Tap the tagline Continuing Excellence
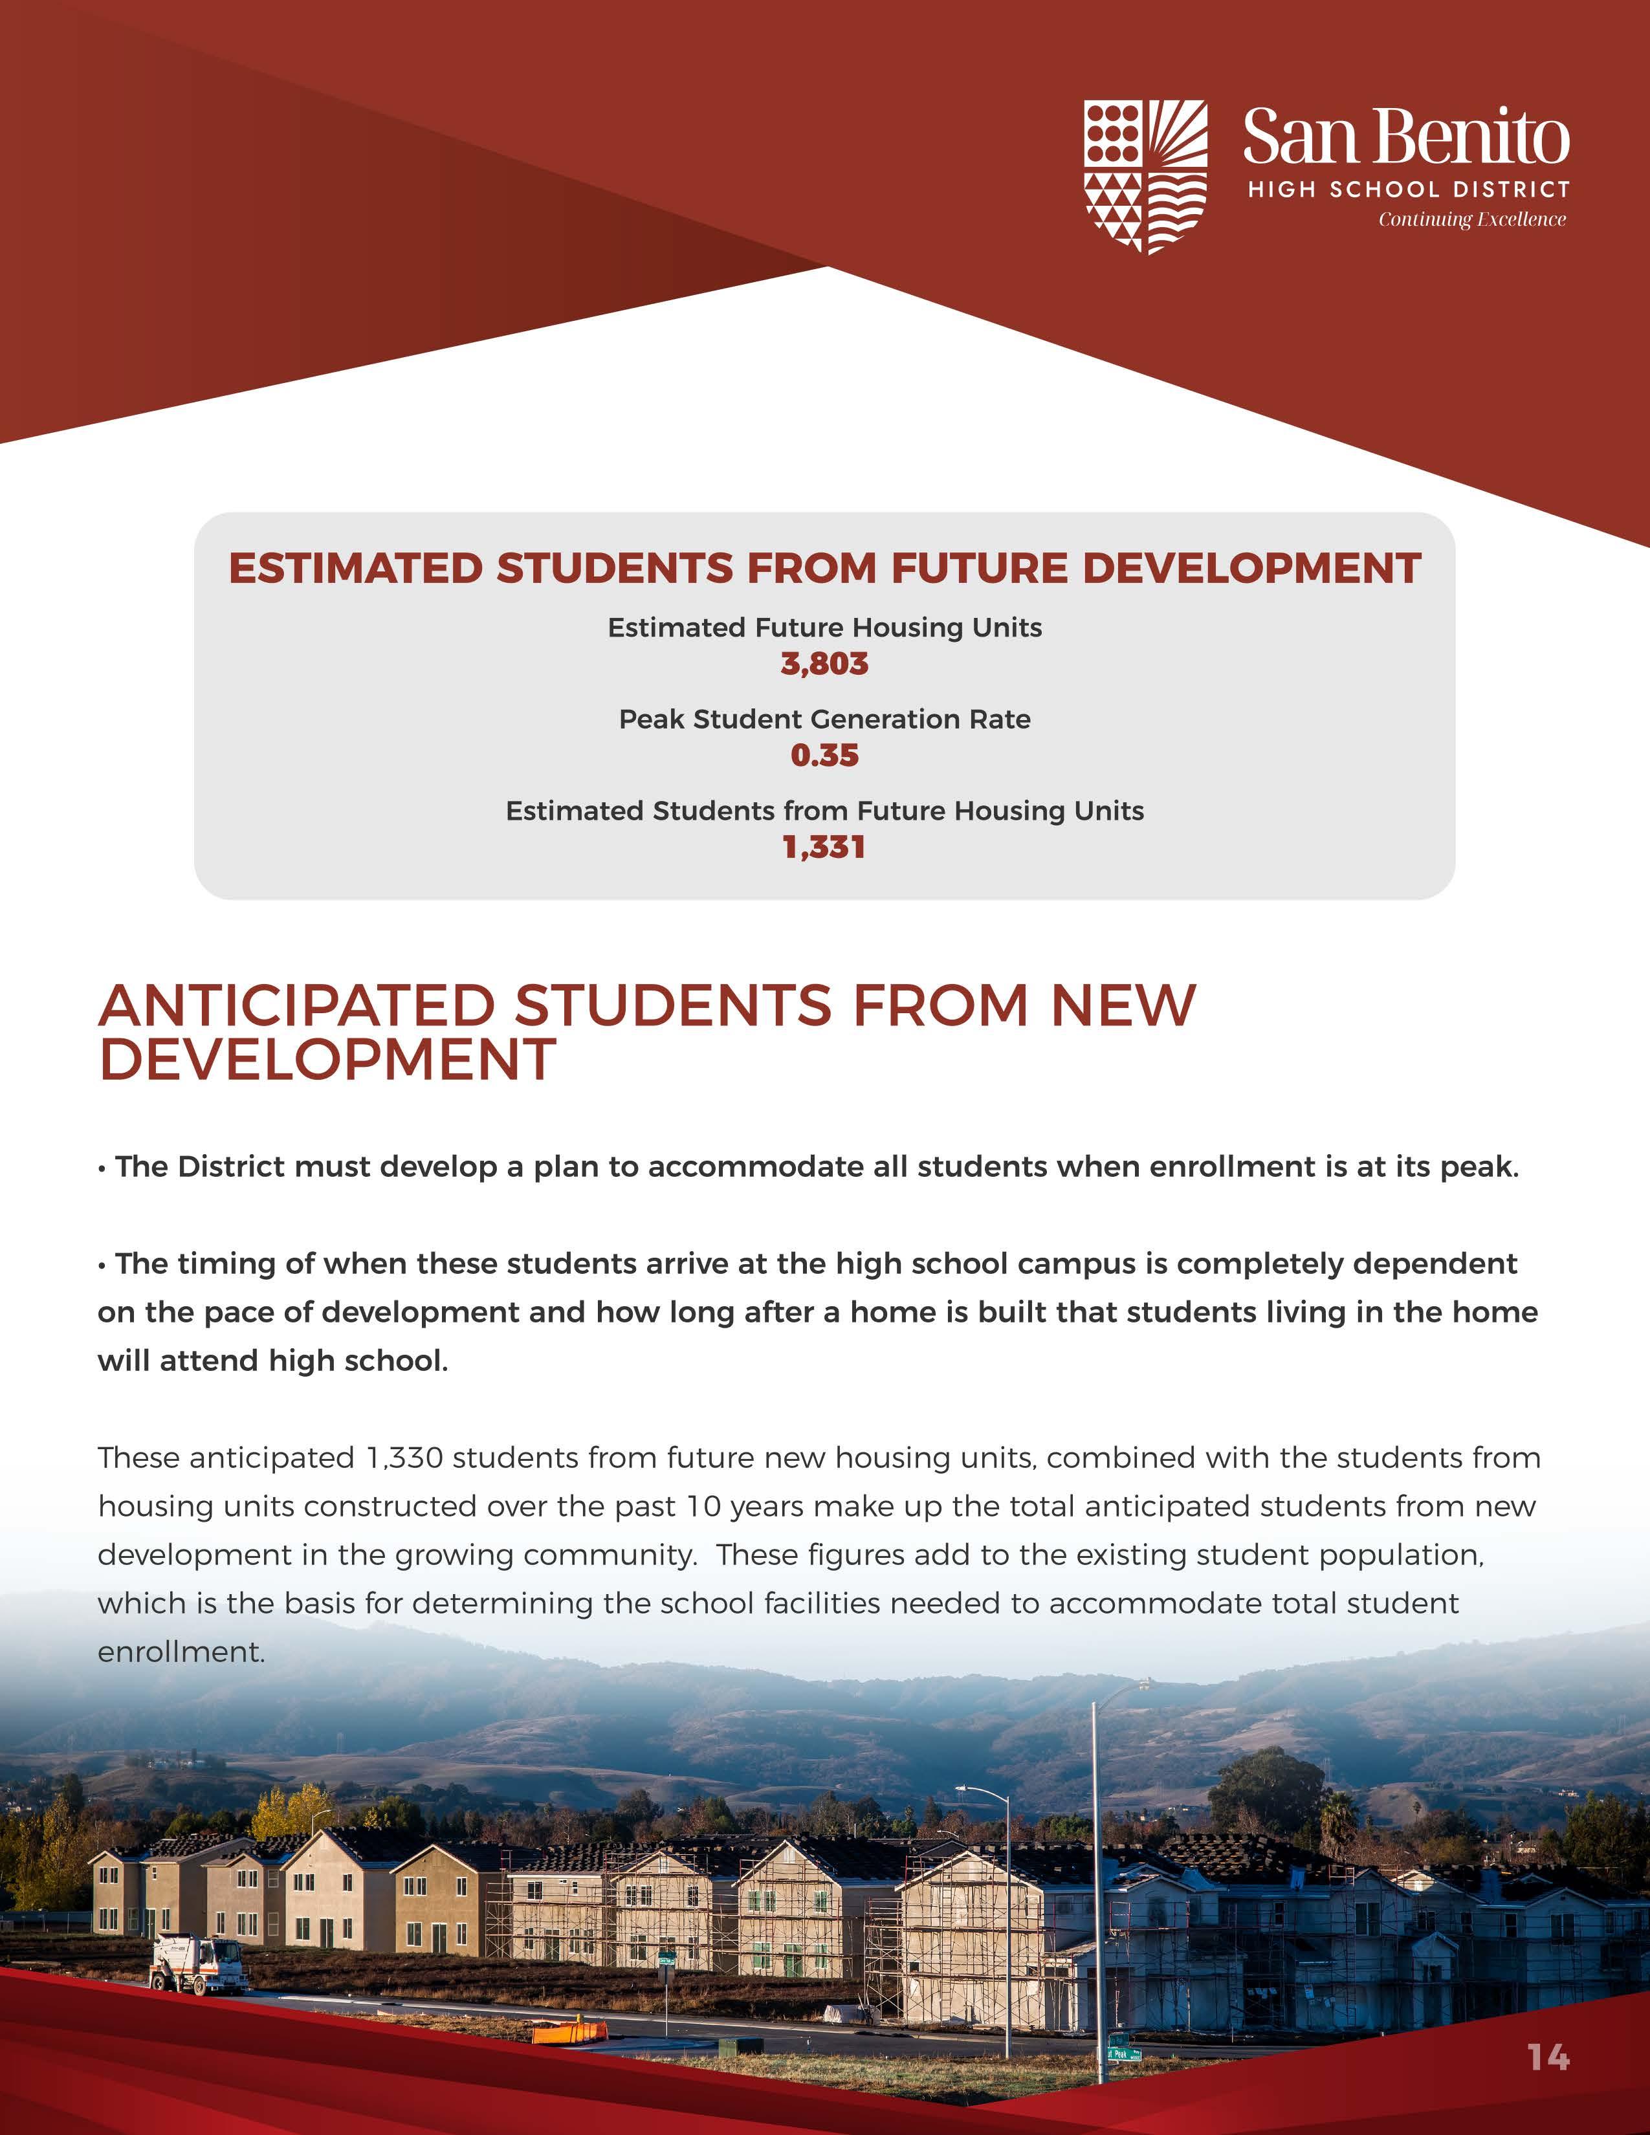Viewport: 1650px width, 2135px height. click(1471, 219)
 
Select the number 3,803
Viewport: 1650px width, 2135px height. click(824, 664)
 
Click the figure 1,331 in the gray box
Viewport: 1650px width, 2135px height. click(824, 848)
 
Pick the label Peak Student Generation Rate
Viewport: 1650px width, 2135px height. click(824, 719)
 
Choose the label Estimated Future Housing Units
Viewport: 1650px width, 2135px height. click(824, 628)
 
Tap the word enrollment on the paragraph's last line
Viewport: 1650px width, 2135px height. click(180, 1653)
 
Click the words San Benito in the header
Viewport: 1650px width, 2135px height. click(1405, 137)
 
